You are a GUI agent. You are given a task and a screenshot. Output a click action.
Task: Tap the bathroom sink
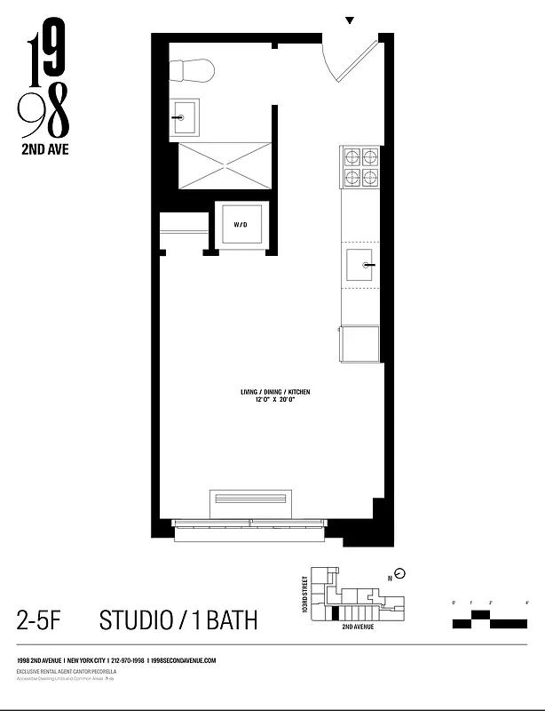click(186, 116)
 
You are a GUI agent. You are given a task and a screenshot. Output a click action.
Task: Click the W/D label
click(240, 226)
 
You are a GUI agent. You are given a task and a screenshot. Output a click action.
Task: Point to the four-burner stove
click(359, 166)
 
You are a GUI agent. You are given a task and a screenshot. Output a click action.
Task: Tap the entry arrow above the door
click(350, 20)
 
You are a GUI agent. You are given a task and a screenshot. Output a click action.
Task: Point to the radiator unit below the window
click(249, 503)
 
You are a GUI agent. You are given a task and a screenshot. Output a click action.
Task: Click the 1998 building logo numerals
click(44, 84)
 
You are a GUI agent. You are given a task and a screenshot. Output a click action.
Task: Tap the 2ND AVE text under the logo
click(43, 149)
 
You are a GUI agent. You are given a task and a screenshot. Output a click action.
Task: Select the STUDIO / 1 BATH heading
click(178, 619)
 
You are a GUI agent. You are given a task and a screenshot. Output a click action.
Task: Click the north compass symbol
click(399, 573)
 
